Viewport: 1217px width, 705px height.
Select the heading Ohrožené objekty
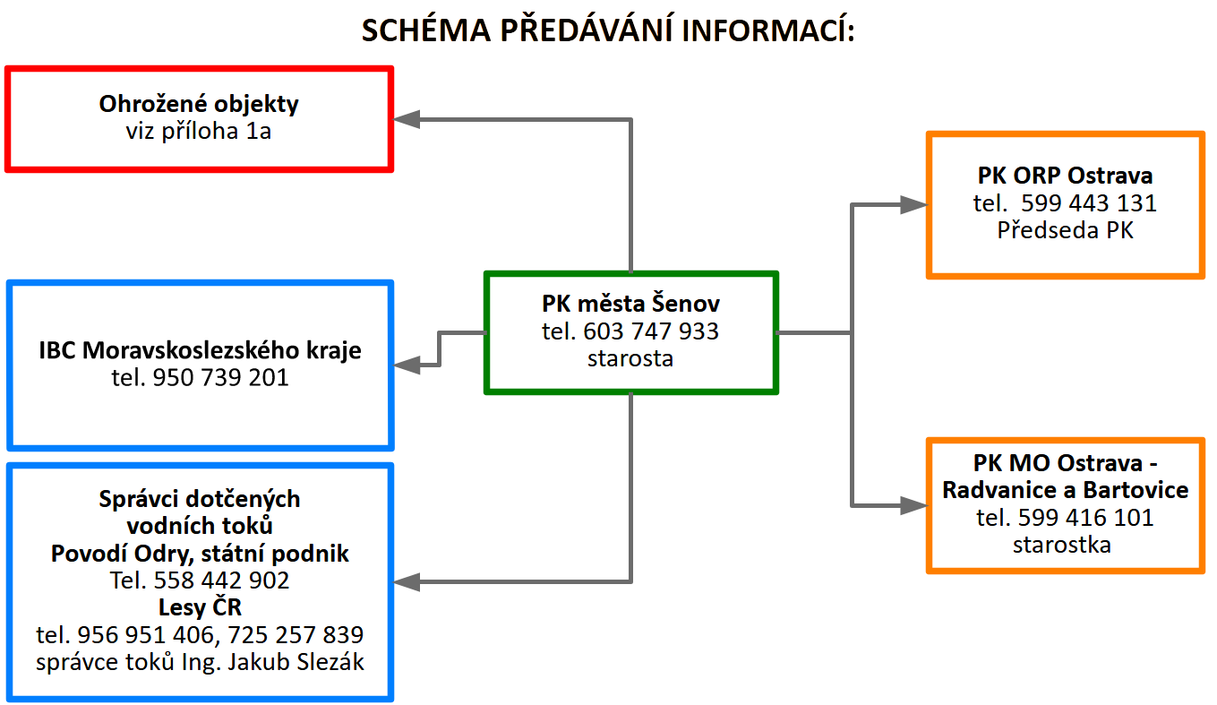(199, 104)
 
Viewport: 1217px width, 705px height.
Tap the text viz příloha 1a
(198, 131)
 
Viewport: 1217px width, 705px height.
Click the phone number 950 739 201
(220, 377)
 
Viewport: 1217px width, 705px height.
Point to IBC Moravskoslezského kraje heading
(200, 350)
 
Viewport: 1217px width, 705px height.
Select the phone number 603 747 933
(651, 331)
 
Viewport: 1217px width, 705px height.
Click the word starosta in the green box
(630, 358)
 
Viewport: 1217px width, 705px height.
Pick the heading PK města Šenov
(630, 304)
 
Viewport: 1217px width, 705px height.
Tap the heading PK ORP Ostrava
(1065, 175)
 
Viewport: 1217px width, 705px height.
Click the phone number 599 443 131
(1089, 202)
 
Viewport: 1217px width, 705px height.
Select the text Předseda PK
(1065, 230)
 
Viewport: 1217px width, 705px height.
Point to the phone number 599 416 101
(1085, 517)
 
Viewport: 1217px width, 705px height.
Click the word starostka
(1061, 545)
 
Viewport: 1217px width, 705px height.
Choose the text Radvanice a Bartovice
(1065, 490)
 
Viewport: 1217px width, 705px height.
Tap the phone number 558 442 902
(222, 580)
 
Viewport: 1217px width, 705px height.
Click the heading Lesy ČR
(200, 606)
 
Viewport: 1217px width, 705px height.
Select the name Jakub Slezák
(296, 661)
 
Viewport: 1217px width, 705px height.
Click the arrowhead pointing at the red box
(406, 119)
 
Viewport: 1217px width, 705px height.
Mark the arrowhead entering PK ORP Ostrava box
(914, 205)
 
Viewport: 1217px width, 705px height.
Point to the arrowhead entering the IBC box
(406, 365)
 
